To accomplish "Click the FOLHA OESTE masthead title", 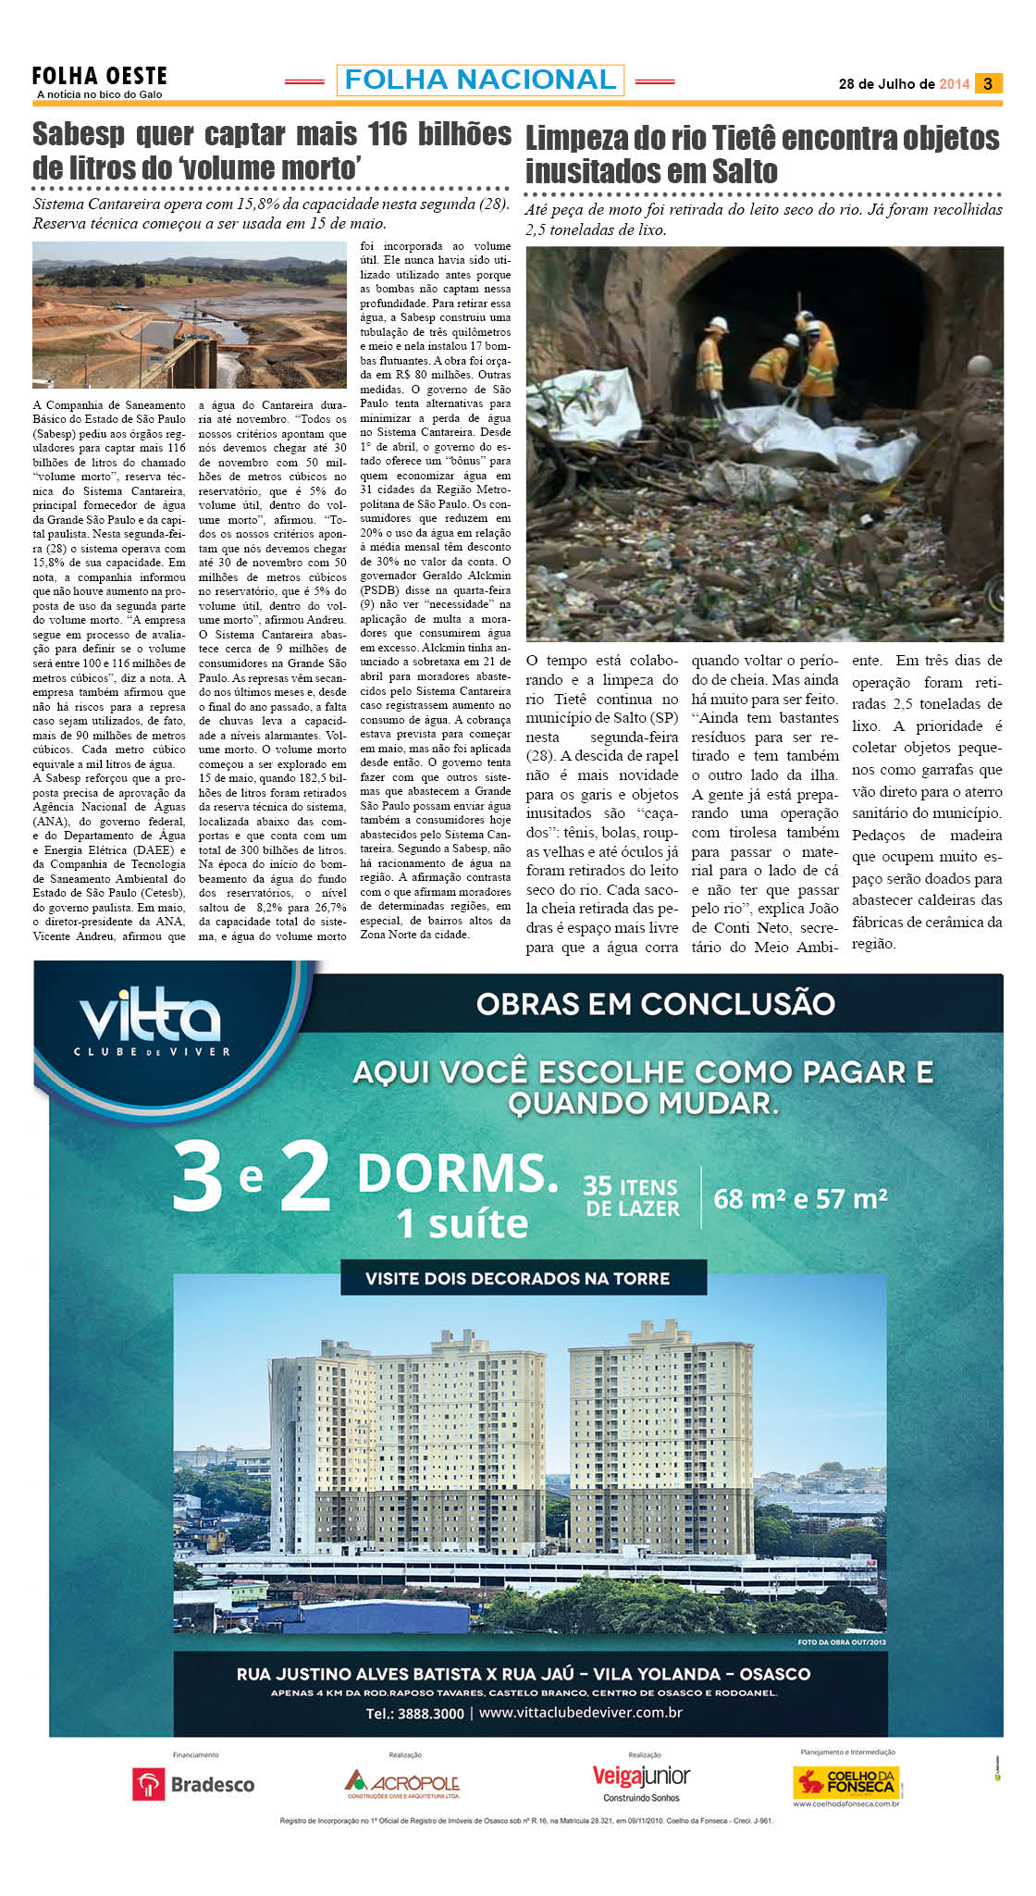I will (99, 76).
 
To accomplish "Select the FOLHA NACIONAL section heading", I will (480, 81).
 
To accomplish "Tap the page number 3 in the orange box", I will (988, 83).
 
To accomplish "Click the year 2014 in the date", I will (954, 84).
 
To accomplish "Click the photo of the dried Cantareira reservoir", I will (189, 315).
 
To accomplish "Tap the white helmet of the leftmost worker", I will (717, 325).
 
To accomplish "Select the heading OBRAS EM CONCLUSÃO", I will (655, 1004).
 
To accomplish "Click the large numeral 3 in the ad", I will (197, 1178).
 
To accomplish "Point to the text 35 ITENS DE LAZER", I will (632, 1197).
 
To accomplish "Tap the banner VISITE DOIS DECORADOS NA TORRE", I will (517, 1279).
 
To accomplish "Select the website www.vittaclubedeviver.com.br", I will (581, 1712).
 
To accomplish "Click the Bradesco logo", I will (195, 1784).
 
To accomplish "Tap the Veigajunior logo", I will (641, 1781).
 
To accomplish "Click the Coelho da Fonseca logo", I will (847, 1782).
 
